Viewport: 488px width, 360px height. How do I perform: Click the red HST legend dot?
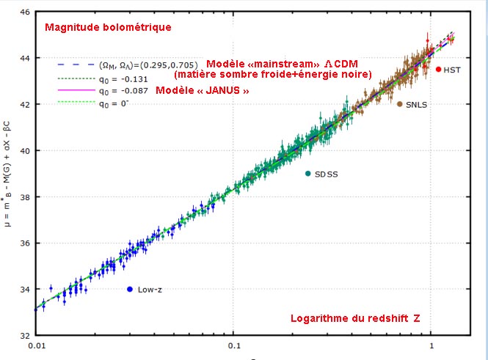point(438,69)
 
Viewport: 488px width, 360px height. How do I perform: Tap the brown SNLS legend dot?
point(399,104)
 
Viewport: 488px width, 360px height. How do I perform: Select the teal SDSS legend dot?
point(308,173)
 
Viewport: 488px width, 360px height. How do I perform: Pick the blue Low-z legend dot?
point(130,289)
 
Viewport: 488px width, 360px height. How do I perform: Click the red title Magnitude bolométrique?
point(108,28)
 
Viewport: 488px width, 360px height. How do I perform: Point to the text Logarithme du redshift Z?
point(358,319)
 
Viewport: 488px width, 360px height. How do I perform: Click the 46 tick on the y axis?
point(24,12)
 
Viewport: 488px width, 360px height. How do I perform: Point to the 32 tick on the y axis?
point(24,336)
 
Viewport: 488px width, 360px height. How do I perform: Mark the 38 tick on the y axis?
point(24,197)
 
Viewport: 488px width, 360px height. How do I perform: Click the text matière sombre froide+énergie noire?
point(273,74)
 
